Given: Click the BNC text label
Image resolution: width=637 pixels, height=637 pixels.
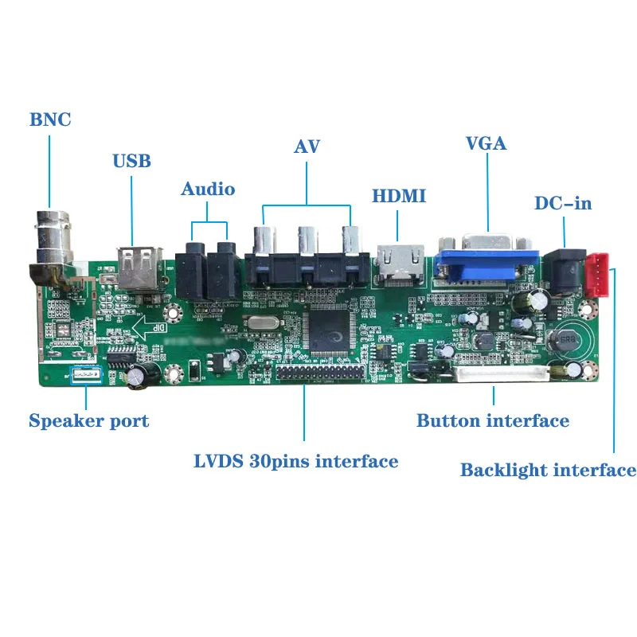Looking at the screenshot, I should coord(50,120).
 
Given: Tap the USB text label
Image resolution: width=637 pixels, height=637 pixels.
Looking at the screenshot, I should coord(131,162).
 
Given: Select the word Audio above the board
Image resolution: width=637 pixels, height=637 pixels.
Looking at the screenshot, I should coord(208,190).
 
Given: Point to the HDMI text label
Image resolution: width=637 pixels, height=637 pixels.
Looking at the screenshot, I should coord(399,196).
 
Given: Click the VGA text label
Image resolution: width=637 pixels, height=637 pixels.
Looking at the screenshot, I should coord(486,144).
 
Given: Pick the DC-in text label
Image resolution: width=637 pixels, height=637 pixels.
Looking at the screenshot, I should coord(563,204).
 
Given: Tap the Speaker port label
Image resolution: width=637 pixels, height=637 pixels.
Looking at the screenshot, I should coord(88,420).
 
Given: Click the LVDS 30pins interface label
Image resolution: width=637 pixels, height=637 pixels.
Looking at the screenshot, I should coord(296,461).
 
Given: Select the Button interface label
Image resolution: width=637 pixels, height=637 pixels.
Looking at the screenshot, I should coord(493,420).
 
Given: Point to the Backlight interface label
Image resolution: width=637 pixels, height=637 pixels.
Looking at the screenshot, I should coord(548,470).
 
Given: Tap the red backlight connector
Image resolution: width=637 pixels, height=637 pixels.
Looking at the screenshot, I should coord(597,274).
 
